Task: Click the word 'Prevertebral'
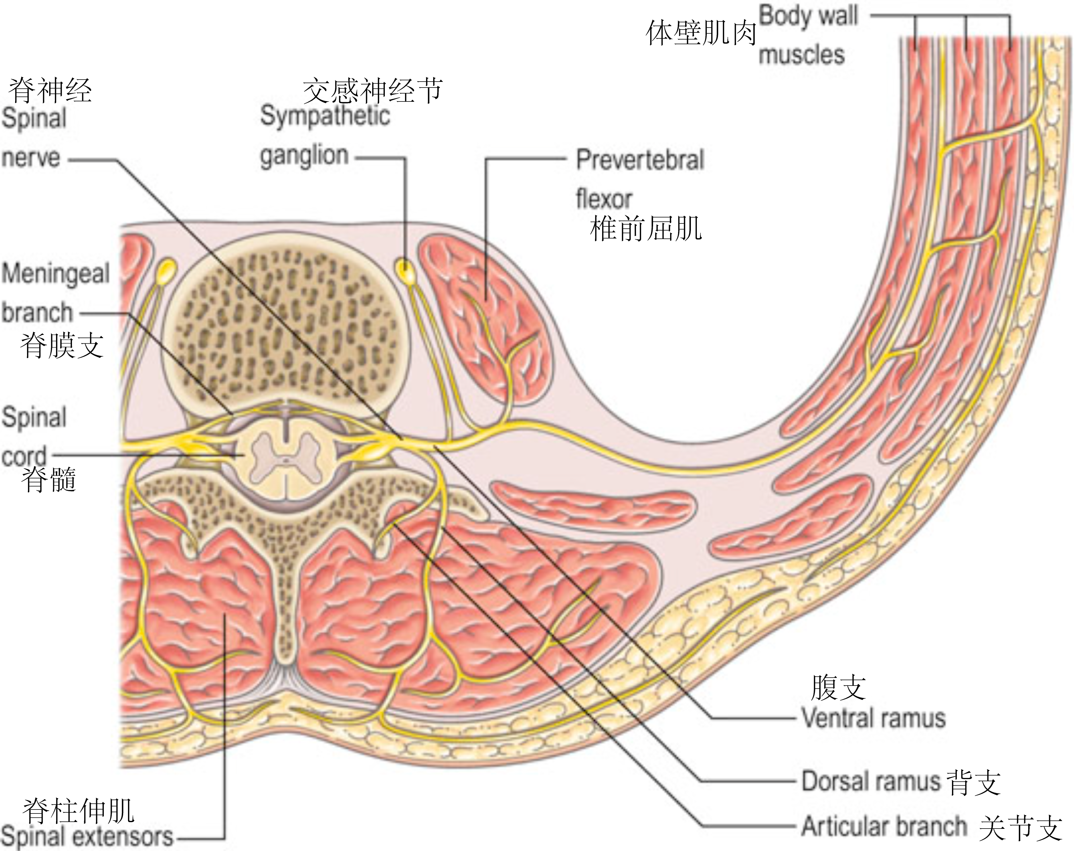(640, 160)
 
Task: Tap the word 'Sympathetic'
(325, 116)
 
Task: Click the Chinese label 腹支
(838, 688)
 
